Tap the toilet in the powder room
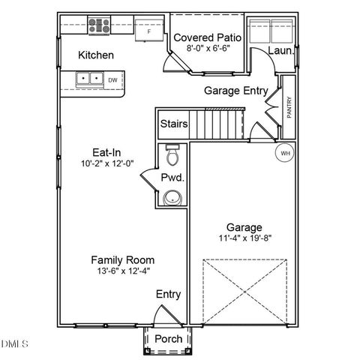pyautogui.click(x=173, y=156)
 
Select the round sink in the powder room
pyautogui.click(x=173, y=198)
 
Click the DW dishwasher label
pyautogui.click(x=112, y=79)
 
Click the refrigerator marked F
pyautogui.click(x=148, y=31)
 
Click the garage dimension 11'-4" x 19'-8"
pyautogui.click(x=244, y=239)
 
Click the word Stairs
pyautogui.click(x=174, y=124)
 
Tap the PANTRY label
pyautogui.click(x=289, y=106)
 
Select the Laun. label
pyautogui.click(x=279, y=51)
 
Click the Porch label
pyautogui.click(x=168, y=340)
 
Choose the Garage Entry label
pyautogui.click(x=236, y=91)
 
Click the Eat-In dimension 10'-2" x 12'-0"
pyautogui.click(x=106, y=163)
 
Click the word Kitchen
pyautogui.click(x=96, y=55)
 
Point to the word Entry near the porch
pyautogui.click(x=168, y=295)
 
